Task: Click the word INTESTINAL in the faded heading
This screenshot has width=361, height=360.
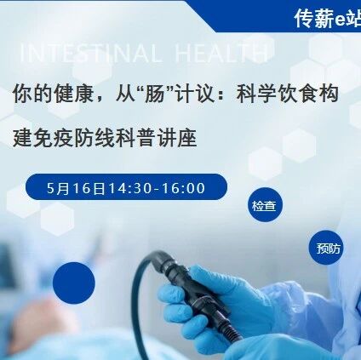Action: (x=90, y=53)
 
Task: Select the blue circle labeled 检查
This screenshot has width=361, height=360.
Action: (x=265, y=204)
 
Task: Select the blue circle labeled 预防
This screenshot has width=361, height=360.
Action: (x=326, y=248)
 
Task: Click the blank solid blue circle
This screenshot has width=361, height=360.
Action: (x=74, y=283)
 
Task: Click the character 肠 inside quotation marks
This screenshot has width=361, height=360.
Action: (x=154, y=94)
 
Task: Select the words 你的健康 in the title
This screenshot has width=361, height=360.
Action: (x=53, y=94)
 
